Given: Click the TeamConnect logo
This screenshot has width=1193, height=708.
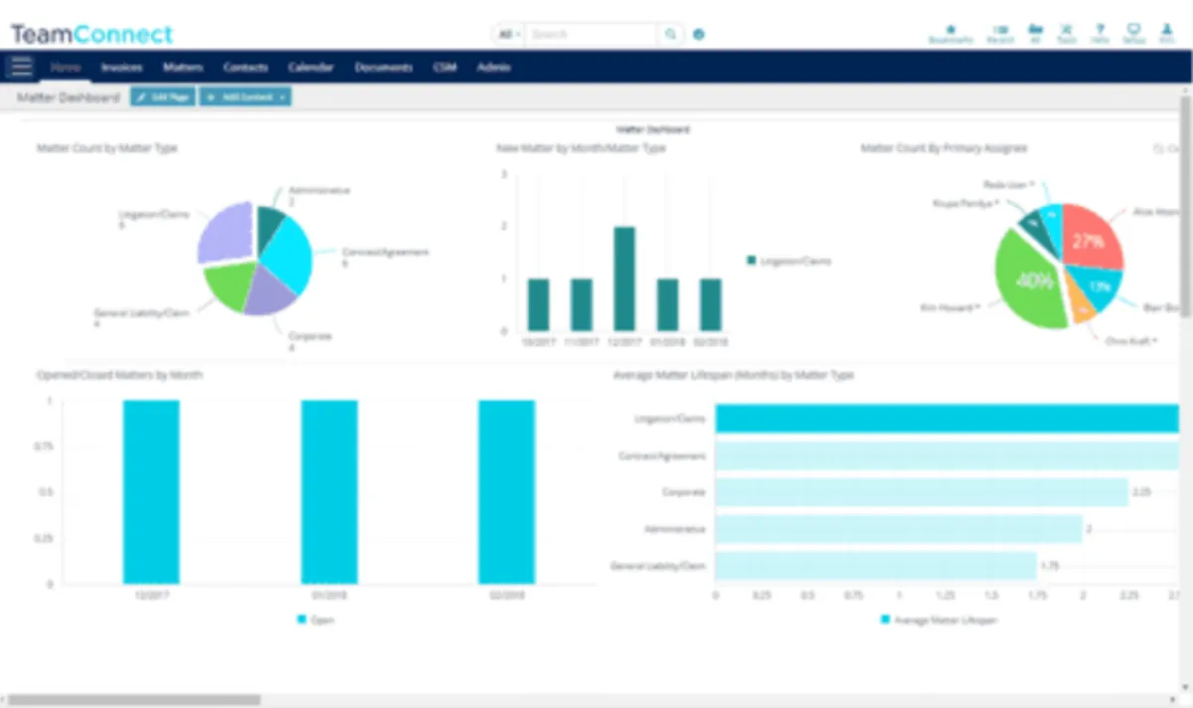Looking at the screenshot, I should [91, 34].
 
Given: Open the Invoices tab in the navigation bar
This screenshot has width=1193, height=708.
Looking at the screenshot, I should [121, 68].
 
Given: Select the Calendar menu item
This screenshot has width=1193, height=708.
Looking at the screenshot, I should [310, 68].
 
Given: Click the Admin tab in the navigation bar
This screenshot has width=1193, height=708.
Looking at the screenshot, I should [493, 68].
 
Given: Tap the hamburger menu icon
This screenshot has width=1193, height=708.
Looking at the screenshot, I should [21, 68].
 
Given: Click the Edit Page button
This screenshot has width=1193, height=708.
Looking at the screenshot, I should [162, 96].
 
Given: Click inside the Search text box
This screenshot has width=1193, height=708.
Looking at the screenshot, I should [592, 34].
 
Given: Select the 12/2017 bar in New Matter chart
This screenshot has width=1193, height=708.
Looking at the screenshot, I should [624, 278].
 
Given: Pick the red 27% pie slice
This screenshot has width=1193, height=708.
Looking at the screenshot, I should [1091, 239].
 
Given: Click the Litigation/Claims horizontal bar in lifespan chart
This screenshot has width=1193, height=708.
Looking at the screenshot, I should [944, 419].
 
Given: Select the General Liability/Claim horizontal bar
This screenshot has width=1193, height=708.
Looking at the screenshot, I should [875, 566].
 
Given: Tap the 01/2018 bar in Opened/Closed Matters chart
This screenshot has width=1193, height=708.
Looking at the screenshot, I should [329, 492].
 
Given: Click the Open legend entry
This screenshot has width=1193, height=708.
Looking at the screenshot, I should [317, 619].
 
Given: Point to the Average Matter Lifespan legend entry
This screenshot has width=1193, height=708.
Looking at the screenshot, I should [939, 619].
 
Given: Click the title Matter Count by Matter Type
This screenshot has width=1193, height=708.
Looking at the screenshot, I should [107, 148].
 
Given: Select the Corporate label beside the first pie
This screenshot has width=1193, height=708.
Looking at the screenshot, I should [309, 336].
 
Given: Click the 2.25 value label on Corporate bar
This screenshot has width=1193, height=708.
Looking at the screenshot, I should [1142, 492].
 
